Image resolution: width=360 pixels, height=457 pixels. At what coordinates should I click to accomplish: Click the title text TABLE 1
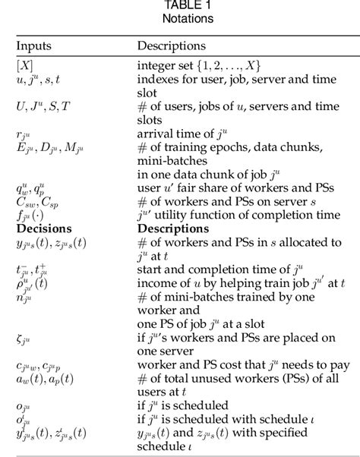tap(179, 6)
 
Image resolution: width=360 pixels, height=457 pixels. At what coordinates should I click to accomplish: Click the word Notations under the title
tap(179, 17)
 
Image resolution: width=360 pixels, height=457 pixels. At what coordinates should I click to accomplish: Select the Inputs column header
tap(34, 46)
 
